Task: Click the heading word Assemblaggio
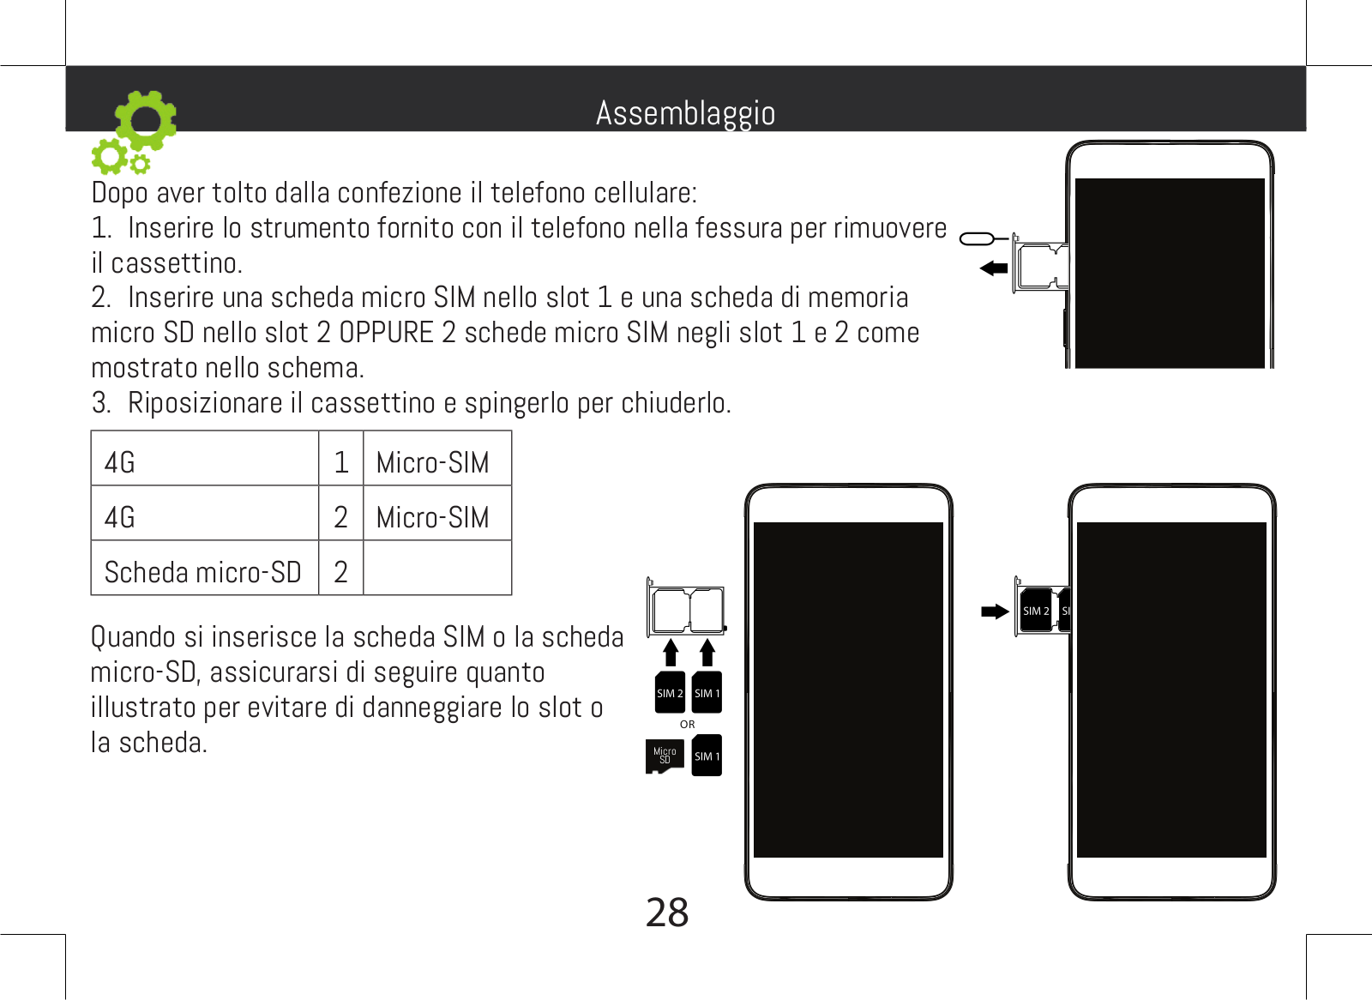(685, 113)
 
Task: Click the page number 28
(666, 913)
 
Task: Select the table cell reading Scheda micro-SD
(203, 572)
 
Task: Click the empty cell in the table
(437, 569)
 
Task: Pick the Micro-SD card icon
(665, 756)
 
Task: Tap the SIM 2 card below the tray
(670, 693)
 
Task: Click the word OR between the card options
(688, 725)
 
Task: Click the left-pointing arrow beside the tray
(994, 268)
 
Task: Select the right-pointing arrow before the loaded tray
(995, 611)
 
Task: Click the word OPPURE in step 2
(386, 333)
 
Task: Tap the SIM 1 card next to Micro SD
(707, 756)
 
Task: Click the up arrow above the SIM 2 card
(671, 653)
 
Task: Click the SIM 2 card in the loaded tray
(1036, 611)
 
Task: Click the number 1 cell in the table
(341, 462)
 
